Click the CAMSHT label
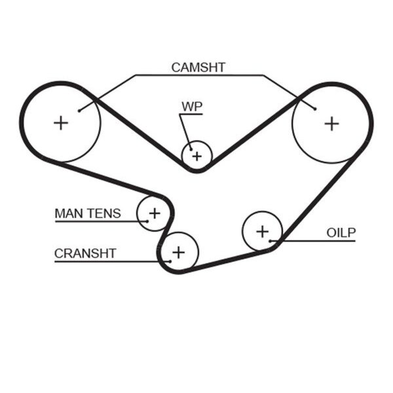click(198, 67)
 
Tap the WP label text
click(192, 107)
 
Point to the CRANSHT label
click(85, 253)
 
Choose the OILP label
click(341, 233)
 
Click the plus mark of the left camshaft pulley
click(61, 123)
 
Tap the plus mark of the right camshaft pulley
click(332, 124)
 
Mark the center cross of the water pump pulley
click(197, 157)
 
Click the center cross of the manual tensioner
click(155, 214)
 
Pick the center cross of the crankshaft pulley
click(179, 252)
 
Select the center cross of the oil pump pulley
click(263, 231)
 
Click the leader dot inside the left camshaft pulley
click(79, 111)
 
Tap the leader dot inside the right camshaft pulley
click(315, 109)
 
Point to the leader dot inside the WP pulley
click(191, 149)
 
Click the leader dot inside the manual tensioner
click(147, 221)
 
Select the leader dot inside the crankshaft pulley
click(170, 261)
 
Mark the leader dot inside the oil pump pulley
click(270, 241)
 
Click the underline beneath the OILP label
click(313, 241)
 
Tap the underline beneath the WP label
click(191, 114)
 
